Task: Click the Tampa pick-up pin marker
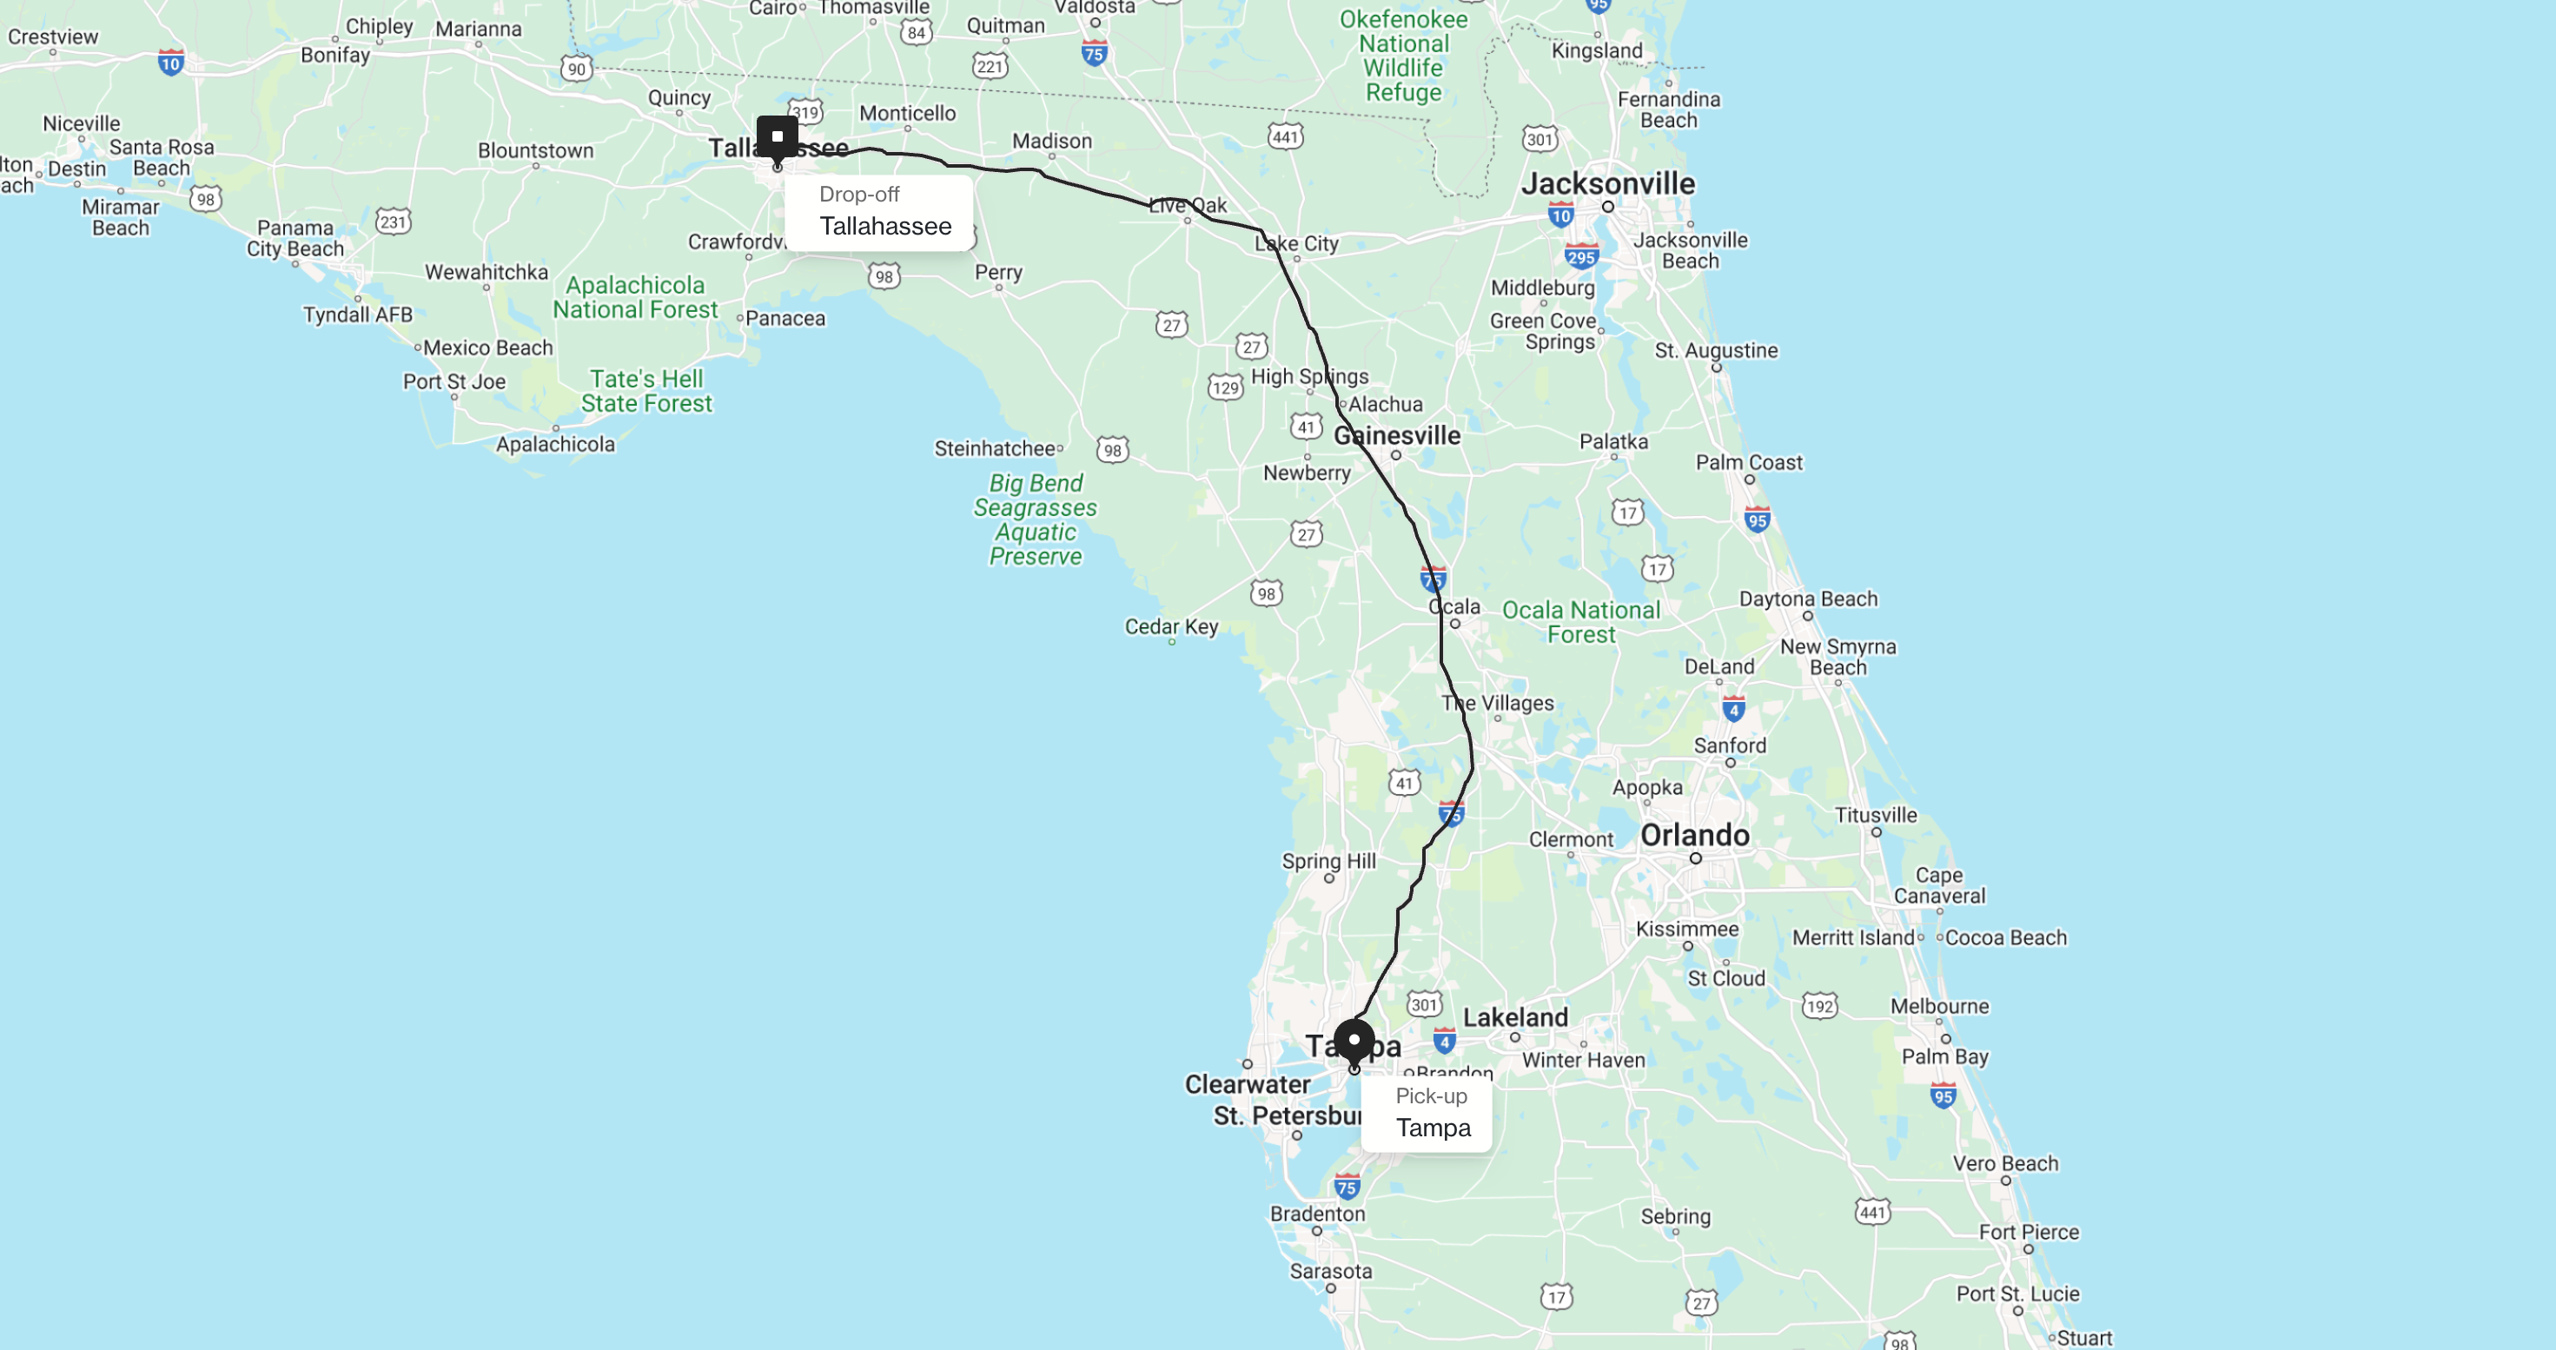pyautogui.click(x=1354, y=1042)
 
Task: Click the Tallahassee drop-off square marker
pyautogui.click(x=777, y=137)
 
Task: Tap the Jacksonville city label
pyautogui.click(x=1607, y=183)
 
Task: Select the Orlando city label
pyautogui.click(x=1694, y=835)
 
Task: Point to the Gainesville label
pyautogui.click(x=1397, y=435)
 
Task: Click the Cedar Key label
pyautogui.click(x=1171, y=627)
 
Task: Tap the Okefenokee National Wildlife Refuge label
pyautogui.click(x=1403, y=56)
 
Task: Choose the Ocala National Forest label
pyautogui.click(x=1580, y=622)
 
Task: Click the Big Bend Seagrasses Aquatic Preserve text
pyautogui.click(x=1035, y=519)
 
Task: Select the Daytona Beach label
pyautogui.click(x=1808, y=599)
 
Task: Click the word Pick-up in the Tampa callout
pyautogui.click(x=1431, y=1096)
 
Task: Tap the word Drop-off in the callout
pyautogui.click(x=859, y=195)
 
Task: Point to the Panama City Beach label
pyautogui.click(x=295, y=238)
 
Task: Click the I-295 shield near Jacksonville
pyautogui.click(x=1580, y=257)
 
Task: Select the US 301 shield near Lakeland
pyautogui.click(x=1424, y=1004)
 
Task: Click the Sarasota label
pyautogui.click(x=1331, y=1271)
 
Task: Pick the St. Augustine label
pyautogui.click(x=1716, y=350)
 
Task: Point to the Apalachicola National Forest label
pyautogui.click(x=635, y=298)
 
